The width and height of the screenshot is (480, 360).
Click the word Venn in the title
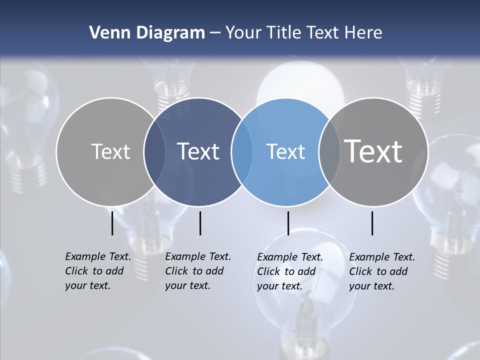tap(106, 33)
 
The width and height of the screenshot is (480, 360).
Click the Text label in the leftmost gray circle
tap(110, 151)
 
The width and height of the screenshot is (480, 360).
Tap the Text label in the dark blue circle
tap(198, 151)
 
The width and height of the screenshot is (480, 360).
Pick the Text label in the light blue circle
tap(285, 151)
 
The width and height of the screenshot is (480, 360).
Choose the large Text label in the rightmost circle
tap(373, 151)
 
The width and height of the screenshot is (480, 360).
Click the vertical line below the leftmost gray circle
tap(112, 223)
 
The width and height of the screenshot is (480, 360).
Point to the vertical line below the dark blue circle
tap(200, 223)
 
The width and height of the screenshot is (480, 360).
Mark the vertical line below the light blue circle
tap(288, 223)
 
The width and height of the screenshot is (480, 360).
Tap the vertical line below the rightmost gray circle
tap(372, 223)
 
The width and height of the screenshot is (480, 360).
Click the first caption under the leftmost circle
tap(98, 271)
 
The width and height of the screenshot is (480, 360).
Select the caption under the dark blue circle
tap(198, 271)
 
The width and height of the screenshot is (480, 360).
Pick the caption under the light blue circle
tap(290, 271)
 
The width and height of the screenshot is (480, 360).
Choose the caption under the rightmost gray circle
tap(382, 271)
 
